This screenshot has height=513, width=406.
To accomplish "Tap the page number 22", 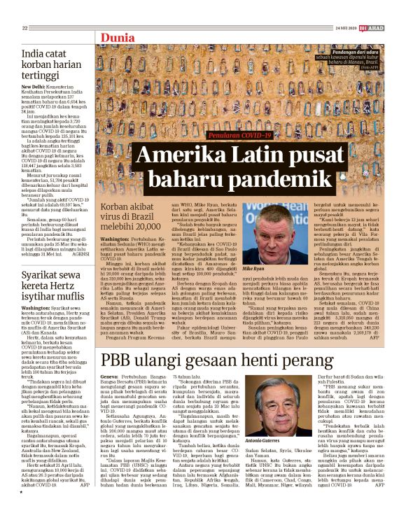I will pos(24,28).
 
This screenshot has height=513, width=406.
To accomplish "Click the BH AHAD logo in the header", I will pos(378,28).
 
